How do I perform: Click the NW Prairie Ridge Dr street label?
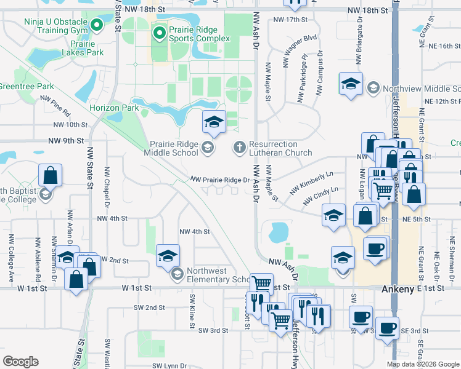219,180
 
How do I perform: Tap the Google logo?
20,362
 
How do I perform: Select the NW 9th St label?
66,141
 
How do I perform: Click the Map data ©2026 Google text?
423,364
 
